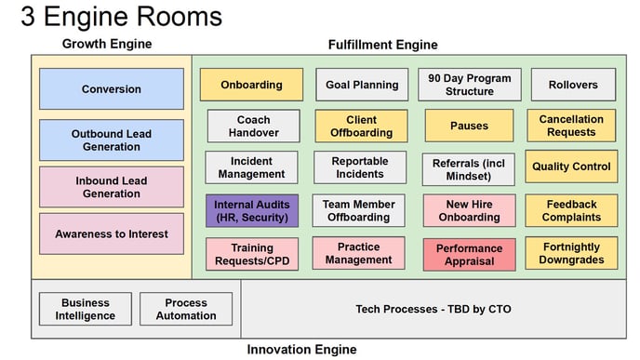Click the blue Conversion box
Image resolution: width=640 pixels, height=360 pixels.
click(112, 89)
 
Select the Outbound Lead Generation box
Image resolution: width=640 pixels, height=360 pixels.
click(112, 140)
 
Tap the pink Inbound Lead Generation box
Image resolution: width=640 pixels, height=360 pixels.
click(112, 187)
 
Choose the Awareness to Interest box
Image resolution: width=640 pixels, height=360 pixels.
click(112, 233)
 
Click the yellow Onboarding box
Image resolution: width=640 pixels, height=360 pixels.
click(251, 85)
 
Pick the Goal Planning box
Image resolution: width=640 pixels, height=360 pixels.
click(362, 85)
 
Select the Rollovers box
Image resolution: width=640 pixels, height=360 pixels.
click(573, 85)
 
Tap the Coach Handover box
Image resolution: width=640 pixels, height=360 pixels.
click(253, 126)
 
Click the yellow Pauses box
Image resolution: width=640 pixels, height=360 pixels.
click(469, 126)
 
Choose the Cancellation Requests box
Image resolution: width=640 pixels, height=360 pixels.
click(571, 126)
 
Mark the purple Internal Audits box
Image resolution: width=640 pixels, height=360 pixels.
click(252, 210)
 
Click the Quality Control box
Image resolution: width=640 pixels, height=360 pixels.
click(571, 167)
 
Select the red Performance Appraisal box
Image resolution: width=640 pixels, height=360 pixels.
click(469, 254)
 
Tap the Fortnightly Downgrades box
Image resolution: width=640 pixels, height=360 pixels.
click(571, 254)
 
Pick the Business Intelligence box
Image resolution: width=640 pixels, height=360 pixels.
click(86, 309)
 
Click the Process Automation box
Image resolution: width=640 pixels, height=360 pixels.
click(186, 309)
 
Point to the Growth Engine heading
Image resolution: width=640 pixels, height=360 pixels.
click(107, 44)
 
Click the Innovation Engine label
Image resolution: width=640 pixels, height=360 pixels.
click(301, 350)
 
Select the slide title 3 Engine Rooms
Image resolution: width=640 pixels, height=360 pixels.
click(121, 16)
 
